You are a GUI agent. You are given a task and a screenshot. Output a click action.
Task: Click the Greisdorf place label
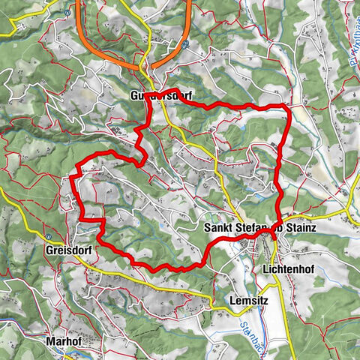coord(69,250)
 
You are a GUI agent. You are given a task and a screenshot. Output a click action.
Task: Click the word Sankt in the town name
coord(220,227)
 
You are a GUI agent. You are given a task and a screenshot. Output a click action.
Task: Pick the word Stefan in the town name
coord(256,227)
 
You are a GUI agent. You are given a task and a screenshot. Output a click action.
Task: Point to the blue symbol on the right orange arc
coord(184,44)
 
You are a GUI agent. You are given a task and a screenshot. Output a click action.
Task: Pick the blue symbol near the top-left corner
coord(68,11)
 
